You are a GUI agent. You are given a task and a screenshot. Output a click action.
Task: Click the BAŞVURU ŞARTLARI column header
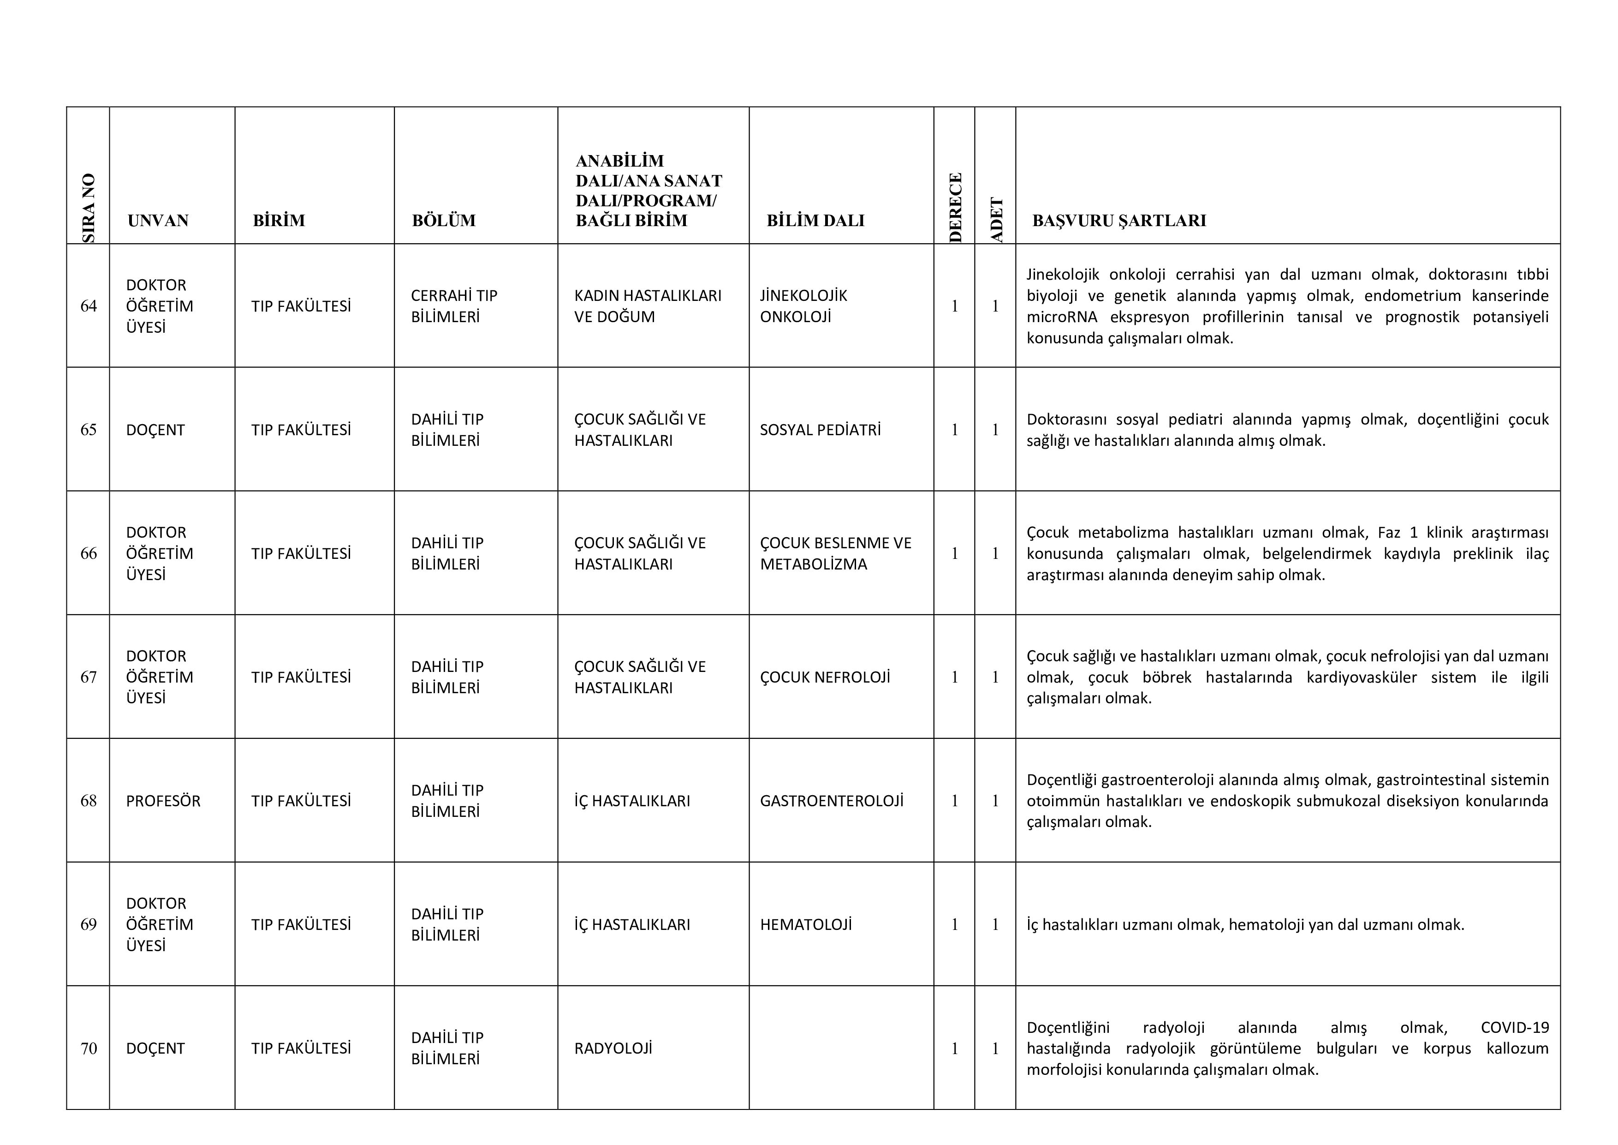[x=1118, y=221]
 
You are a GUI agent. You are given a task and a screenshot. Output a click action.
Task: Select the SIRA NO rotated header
[x=89, y=208]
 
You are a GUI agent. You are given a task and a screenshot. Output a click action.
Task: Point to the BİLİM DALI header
[x=815, y=221]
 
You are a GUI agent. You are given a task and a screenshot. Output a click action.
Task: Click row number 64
[x=89, y=306]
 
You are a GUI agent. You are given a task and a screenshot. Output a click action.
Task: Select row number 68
[x=89, y=801]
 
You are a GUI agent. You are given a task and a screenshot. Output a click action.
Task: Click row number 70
[x=89, y=1049]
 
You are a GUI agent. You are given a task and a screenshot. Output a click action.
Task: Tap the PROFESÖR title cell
[x=163, y=801]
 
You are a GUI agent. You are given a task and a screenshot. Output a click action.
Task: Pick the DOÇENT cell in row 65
[x=155, y=430]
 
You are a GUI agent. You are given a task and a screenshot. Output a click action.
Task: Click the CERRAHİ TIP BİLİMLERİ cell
[x=454, y=306]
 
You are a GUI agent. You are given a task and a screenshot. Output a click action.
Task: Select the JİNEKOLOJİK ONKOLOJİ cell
[x=803, y=306]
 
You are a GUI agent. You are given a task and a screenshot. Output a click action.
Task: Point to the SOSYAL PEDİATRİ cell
[x=820, y=430]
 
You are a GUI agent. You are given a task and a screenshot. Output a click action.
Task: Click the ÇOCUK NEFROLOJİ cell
[x=825, y=677]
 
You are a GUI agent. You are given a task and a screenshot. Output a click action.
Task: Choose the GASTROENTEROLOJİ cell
[x=832, y=801]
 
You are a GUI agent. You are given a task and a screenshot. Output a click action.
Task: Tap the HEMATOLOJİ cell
[x=805, y=924]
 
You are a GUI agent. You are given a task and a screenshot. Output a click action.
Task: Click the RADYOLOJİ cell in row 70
[x=613, y=1049]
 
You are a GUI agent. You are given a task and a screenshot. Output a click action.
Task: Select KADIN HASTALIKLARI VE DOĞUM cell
[x=648, y=306]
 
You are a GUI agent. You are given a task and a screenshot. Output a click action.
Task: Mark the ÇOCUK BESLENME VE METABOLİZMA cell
[x=835, y=553]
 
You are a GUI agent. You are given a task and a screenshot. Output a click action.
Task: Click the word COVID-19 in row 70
[x=1514, y=1027]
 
